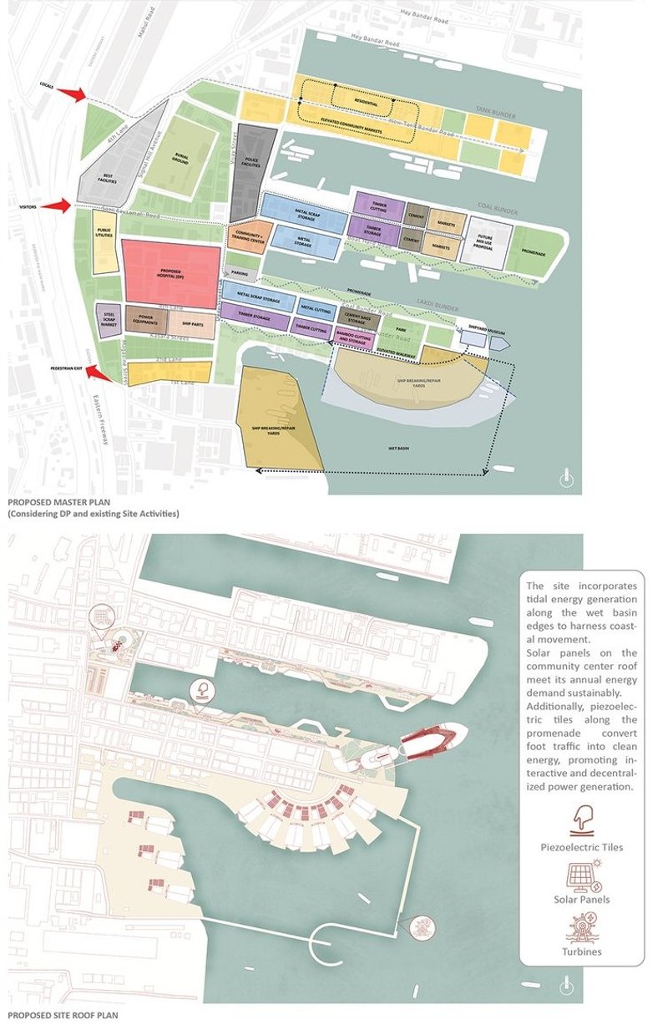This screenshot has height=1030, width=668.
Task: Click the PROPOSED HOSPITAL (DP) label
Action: pyautogui.click(x=170, y=273)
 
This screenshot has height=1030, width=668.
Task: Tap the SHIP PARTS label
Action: pyautogui.click(x=192, y=323)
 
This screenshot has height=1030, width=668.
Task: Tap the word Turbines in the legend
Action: pyautogui.click(x=581, y=951)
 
